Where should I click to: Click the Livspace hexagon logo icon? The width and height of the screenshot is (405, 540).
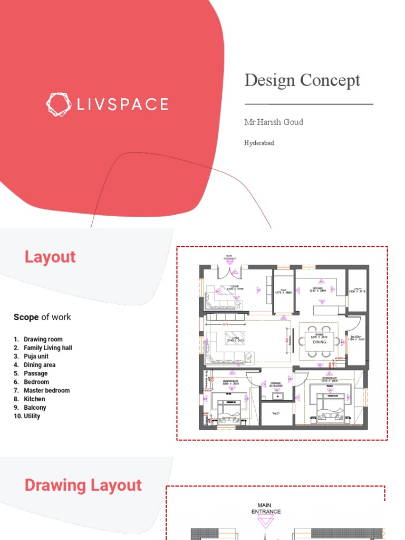point(58,104)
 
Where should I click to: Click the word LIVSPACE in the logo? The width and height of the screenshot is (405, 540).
point(123,104)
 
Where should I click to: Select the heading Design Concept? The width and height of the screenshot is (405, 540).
point(302,80)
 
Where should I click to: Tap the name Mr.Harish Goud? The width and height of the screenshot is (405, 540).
point(273,122)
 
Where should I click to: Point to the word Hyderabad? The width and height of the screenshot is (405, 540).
point(259,143)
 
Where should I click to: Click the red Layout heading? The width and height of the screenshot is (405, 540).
point(50,257)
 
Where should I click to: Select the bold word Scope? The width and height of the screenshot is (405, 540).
point(26,317)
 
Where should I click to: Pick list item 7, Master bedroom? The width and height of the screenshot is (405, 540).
point(46,390)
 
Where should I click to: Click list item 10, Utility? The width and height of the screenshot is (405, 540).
point(32,416)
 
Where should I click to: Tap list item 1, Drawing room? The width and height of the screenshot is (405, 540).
point(43,339)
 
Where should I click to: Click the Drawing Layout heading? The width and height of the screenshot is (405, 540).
point(83,485)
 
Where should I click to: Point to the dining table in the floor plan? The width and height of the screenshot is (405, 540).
point(319,342)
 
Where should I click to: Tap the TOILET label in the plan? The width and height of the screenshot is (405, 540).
point(276,414)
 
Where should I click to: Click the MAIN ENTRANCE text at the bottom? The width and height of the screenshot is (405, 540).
point(266,508)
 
